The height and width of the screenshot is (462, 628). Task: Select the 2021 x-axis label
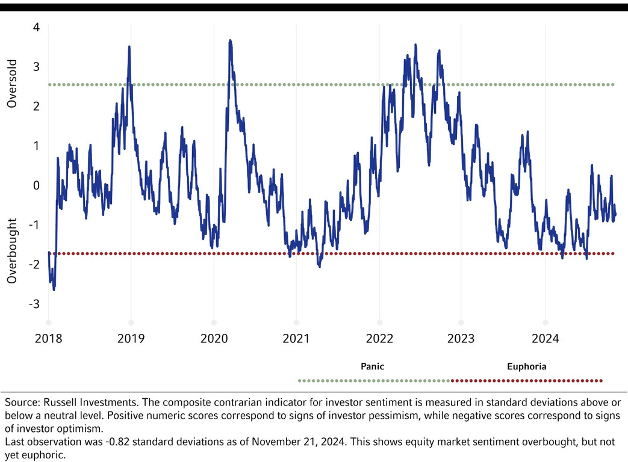tap(296, 338)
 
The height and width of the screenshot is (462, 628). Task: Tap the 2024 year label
tap(545, 338)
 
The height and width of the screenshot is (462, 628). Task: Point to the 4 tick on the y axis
tap(36, 28)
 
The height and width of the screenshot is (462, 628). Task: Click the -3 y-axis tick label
tap(34, 304)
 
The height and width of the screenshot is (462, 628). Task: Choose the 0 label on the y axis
tap(36, 186)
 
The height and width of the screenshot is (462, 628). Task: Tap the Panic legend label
tap(372, 366)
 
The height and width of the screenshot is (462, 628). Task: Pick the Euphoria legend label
tap(527, 366)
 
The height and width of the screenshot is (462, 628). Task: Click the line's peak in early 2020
tap(230, 41)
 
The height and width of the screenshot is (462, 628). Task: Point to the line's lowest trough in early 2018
tap(54, 290)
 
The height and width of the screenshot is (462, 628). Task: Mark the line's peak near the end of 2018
tap(129, 47)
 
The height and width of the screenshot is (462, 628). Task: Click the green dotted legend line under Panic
tap(373, 380)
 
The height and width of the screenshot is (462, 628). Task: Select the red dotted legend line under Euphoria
tap(526, 380)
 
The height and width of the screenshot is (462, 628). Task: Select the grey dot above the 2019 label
tap(131, 322)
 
